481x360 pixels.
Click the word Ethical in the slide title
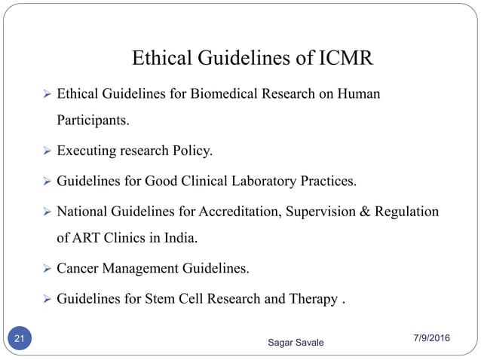161,58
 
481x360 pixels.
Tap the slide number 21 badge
20,340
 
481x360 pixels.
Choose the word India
181,239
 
